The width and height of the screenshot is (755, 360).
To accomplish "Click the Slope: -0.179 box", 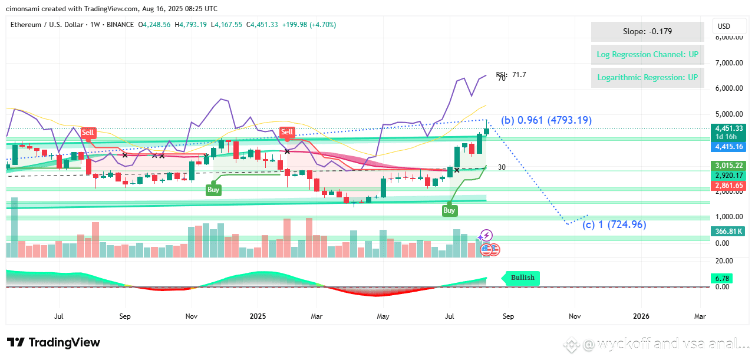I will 647,32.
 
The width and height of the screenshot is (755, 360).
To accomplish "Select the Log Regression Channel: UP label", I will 647,55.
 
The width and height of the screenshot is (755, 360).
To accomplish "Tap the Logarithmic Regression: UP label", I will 647,78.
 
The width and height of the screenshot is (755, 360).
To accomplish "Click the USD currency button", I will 724,27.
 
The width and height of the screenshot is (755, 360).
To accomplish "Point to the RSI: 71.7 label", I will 510,75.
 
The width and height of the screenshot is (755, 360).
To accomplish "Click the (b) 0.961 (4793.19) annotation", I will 546,120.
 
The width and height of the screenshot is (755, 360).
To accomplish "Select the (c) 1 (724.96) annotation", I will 614,224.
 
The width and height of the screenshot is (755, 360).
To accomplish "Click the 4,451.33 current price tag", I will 729,128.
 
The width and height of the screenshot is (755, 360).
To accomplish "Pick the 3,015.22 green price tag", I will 729,166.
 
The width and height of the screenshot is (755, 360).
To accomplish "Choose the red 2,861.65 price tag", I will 729,186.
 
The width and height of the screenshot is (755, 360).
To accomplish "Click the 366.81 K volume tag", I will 729,231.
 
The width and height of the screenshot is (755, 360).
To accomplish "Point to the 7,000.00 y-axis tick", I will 728,63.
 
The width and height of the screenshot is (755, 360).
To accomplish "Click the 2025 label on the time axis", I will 258,316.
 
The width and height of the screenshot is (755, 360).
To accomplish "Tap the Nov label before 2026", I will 574,316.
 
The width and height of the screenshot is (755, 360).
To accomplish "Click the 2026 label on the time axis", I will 641,316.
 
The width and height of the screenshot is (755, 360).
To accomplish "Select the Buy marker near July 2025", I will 449,210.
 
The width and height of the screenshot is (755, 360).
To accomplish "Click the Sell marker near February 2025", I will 287,132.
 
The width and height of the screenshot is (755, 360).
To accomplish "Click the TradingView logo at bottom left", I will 54,342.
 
